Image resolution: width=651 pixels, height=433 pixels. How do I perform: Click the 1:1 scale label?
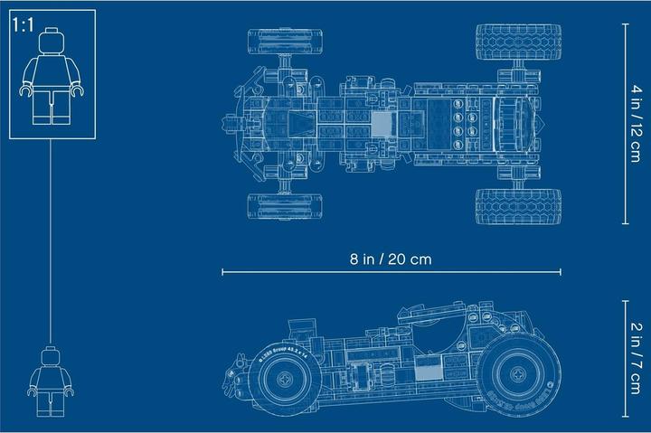tap(22, 24)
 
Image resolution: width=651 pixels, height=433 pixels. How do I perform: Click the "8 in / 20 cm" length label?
tap(392, 259)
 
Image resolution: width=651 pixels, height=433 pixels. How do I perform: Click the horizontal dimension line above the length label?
tap(392, 271)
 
